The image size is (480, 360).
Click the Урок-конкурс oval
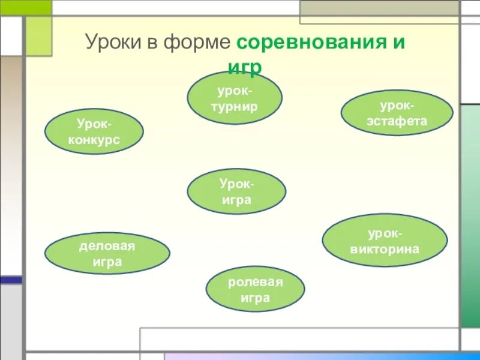pyautogui.click(x=94, y=131)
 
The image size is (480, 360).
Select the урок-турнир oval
pyautogui.click(x=235, y=98)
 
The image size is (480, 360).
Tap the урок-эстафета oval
pyautogui.click(x=397, y=113)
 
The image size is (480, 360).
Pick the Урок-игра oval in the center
pyautogui.click(x=236, y=191)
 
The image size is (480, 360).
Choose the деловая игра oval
pyautogui.click(x=107, y=253)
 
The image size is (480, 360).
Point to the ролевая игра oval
pyautogui.click(x=255, y=290)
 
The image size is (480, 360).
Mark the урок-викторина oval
pyautogui.click(x=385, y=241)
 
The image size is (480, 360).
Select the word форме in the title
pyautogui.click(x=202, y=43)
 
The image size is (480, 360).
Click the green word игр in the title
pyautogui.click(x=245, y=68)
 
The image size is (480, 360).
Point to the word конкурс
pyautogui.click(x=94, y=140)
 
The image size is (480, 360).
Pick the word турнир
pyautogui.click(x=235, y=107)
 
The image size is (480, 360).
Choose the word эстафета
pyautogui.click(x=397, y=121)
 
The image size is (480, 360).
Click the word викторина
pyautogui.click(x=385, y=248)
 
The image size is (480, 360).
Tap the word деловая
pyautogui.click(x=107, y=245)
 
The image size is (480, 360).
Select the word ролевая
pyautogui.click(x=255, y=282)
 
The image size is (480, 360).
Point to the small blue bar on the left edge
pyautogui.click(x=11, y=280)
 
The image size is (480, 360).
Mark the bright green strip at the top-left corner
pyautogui.click(x=26, y=7)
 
